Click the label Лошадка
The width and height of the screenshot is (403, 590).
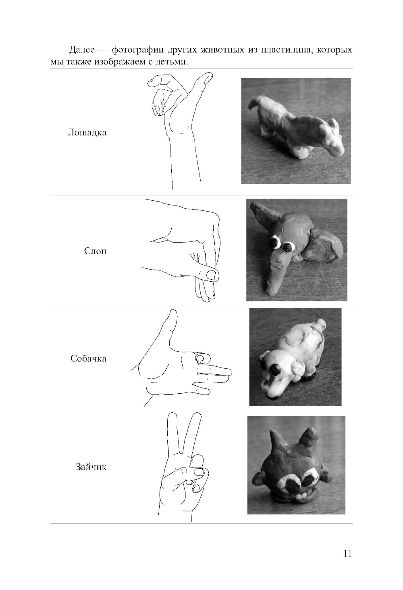[x=87, y=132]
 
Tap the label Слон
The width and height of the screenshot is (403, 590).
[x=96, y=251]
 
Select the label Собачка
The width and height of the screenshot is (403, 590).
[x=89, y=359]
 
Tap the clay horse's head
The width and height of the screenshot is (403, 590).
[x=332, y=137]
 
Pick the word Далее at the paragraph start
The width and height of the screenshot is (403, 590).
[x=82, y=50]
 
